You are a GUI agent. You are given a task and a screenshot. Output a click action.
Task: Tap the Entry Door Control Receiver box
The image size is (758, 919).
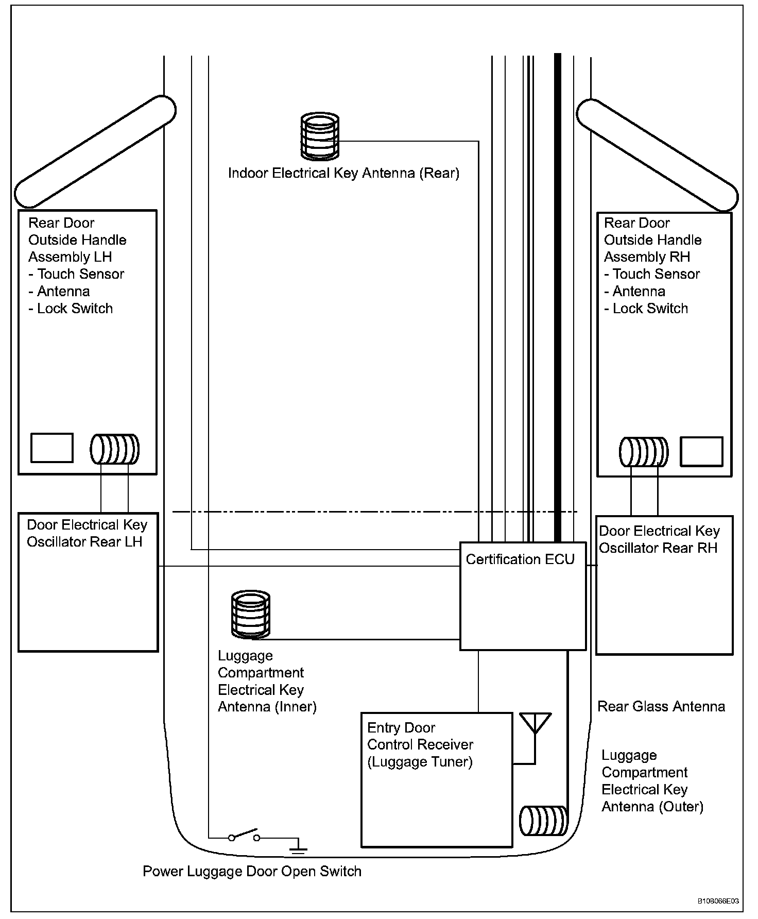(437, 779)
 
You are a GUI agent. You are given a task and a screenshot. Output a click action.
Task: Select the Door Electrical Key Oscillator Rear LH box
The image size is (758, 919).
(88, 582)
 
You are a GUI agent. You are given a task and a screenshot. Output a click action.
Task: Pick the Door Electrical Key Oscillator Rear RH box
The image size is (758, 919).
(664, 585)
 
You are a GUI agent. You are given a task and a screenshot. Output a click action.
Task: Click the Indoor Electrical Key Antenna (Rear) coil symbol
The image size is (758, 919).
(320, 136)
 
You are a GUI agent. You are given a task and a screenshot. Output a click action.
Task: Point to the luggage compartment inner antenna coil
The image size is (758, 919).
(251, 614)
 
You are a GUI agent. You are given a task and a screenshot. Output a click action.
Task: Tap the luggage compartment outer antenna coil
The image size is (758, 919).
(543, 821)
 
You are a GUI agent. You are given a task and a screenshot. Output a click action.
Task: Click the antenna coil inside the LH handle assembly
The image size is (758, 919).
(115, 449)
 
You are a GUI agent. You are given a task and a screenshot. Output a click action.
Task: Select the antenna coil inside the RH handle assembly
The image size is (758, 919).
(644, 452)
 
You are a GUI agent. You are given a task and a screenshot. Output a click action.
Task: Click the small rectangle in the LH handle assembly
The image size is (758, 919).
(52, 448)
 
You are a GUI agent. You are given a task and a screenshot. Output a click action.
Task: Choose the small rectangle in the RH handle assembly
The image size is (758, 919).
(701, 451)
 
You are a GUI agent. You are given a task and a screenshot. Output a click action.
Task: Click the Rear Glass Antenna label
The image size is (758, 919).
(661, 706)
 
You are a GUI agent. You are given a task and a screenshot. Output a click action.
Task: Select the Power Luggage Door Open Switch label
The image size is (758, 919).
(252, 871)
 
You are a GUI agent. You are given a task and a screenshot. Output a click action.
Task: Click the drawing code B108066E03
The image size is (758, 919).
(718, 901)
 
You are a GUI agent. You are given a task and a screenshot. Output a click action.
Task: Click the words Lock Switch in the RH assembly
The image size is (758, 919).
(650, 309)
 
